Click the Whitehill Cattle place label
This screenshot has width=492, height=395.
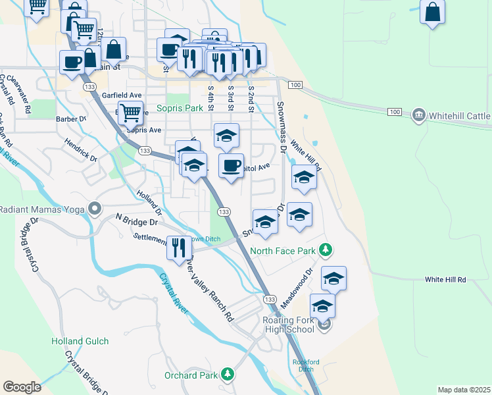click(x=459, y=116)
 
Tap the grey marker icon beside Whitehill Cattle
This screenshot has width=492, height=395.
click(x=418, y=116)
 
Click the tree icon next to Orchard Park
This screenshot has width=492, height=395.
click(x=228, y=375)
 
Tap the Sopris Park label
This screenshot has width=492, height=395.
click(x=180, y=108)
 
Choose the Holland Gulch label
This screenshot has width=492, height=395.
click(x=80, y=341)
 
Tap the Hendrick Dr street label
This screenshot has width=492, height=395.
click(x=80, y=150)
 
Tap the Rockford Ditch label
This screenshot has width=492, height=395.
click(x=305, y=365)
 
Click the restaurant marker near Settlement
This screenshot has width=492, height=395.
click(x=179, y=248)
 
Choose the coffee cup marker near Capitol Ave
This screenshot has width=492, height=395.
click(x=231, y=166)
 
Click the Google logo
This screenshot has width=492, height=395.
click(x=22, y=387)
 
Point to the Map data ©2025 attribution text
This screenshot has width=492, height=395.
click(x=463, y=390)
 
